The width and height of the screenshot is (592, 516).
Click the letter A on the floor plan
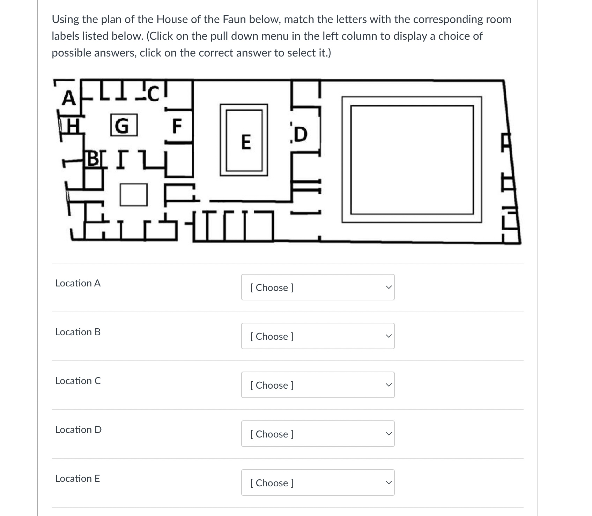69,98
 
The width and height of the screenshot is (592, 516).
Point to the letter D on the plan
301,135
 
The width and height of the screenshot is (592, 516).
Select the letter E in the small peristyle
246,142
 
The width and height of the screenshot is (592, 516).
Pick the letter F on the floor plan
177,126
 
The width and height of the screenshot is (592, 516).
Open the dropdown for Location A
318,287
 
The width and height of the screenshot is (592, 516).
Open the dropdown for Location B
318,336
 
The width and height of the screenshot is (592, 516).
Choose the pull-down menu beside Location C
318,385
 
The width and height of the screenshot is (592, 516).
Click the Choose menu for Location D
318,434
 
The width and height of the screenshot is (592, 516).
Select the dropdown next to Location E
318,483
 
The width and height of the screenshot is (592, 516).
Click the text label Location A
78,283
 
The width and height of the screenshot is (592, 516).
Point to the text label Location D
79,429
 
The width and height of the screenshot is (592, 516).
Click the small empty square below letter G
133,195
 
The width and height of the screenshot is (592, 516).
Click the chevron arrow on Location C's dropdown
388,385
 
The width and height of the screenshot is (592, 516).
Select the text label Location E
77,478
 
